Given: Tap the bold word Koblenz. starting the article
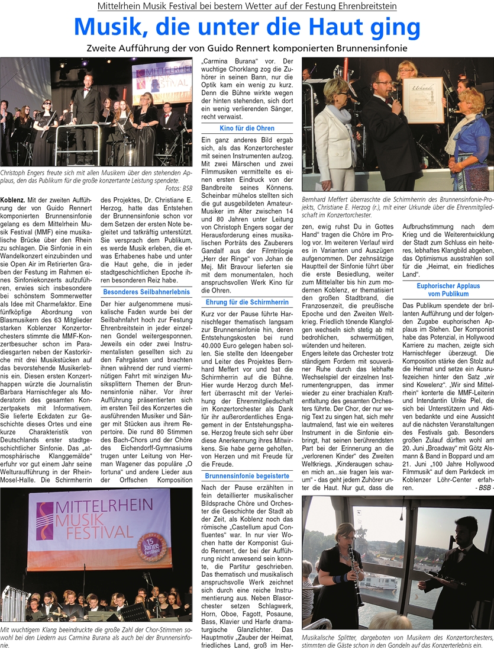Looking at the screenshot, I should (x=16, y=200).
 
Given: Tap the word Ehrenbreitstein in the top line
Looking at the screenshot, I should (x=363, y=7).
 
